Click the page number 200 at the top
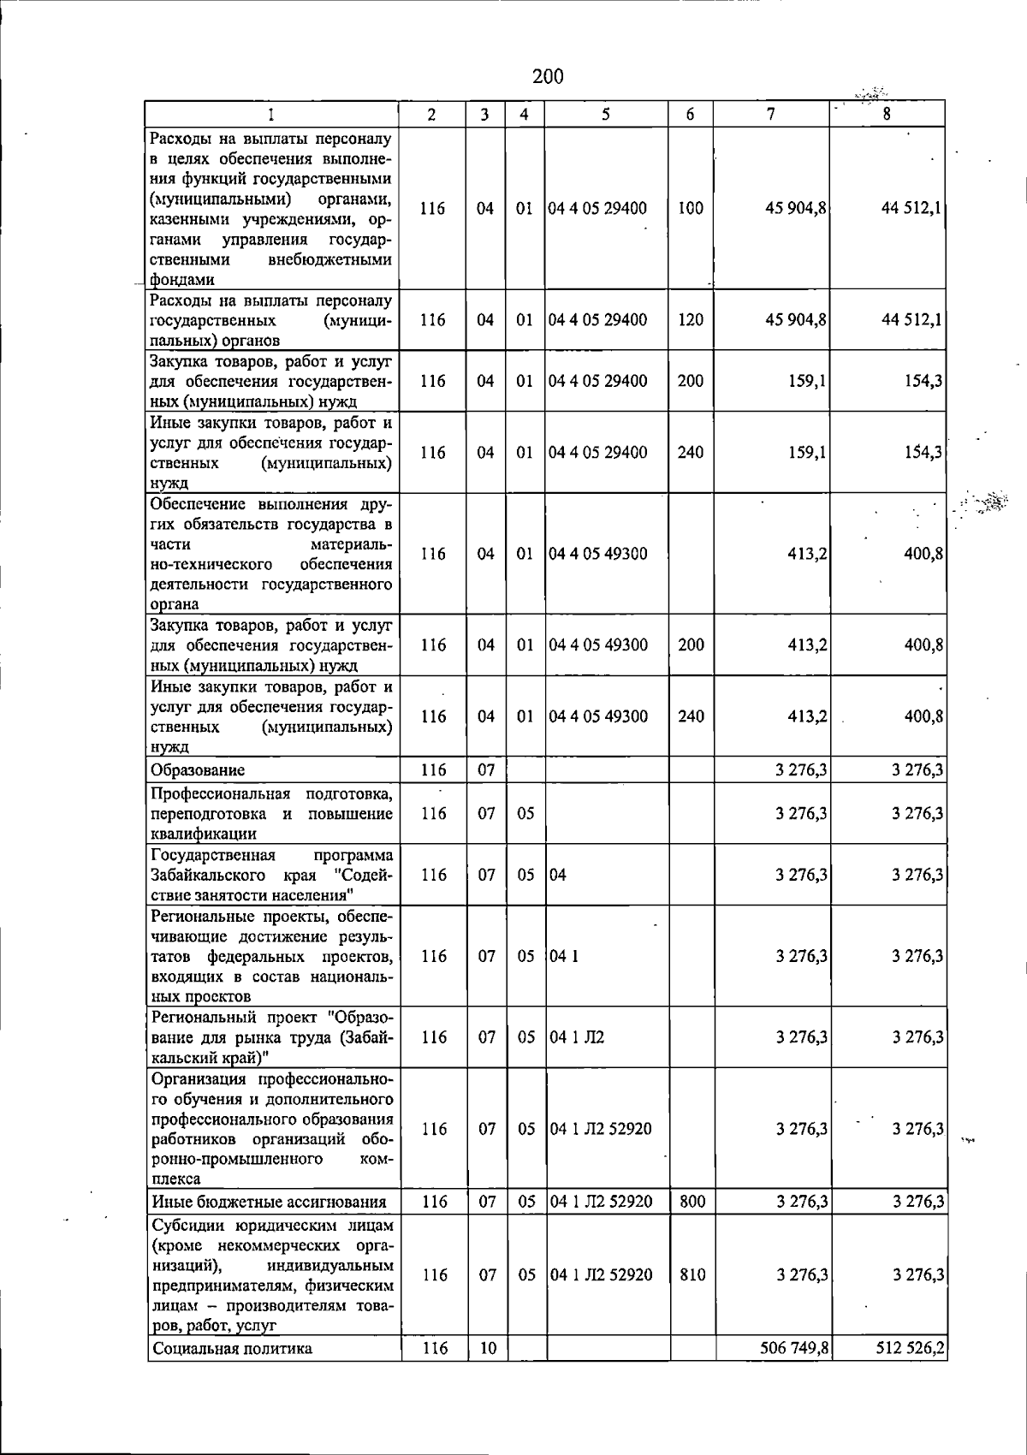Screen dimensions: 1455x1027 point(548,77)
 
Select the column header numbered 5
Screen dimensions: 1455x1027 point(605,114)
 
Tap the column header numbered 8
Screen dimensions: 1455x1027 point(887,114)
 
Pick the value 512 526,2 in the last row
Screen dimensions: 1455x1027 point(911,1349)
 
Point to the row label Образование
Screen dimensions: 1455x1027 point(198,770)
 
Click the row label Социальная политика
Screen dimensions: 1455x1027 point(232,1349)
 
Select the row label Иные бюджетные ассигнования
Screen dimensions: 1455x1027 point(268,1202)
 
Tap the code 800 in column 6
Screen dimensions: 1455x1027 point(692,1202)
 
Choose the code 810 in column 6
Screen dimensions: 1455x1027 point(692,1275)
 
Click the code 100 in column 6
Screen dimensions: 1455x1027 point(690,208)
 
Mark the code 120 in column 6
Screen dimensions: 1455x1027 point(690,320)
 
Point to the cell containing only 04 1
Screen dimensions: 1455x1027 point(564,956)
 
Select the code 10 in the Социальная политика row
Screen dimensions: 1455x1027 point(487,1349)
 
